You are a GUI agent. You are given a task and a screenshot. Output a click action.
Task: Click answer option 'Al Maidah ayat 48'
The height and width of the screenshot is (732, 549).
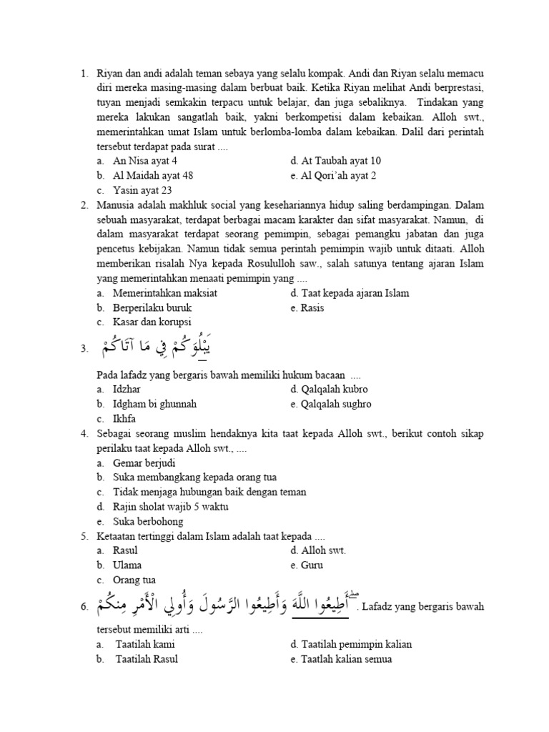pos(153,175)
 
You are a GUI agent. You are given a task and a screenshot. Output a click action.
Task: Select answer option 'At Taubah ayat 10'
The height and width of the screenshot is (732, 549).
pos(335,160)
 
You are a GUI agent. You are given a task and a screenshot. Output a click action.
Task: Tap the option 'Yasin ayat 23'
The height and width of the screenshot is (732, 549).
pos(142,190)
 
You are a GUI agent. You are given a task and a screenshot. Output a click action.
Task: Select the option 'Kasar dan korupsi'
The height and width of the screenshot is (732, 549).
pos(152,323)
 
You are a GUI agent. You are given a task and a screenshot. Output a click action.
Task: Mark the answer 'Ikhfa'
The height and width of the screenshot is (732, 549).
pos(124,419)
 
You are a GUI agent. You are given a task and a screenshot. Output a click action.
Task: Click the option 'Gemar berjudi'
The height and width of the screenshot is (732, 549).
pos(144,463)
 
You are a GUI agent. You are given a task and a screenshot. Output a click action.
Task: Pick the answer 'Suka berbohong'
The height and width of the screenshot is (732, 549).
pos(148,522)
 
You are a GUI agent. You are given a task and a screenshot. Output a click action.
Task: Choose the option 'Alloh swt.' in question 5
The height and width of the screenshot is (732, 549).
pos(318,550)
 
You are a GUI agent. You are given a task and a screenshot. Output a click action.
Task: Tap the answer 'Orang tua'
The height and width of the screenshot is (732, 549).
pos(134,580)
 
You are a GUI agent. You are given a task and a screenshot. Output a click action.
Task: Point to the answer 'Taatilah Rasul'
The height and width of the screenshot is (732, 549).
pos(147,659)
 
